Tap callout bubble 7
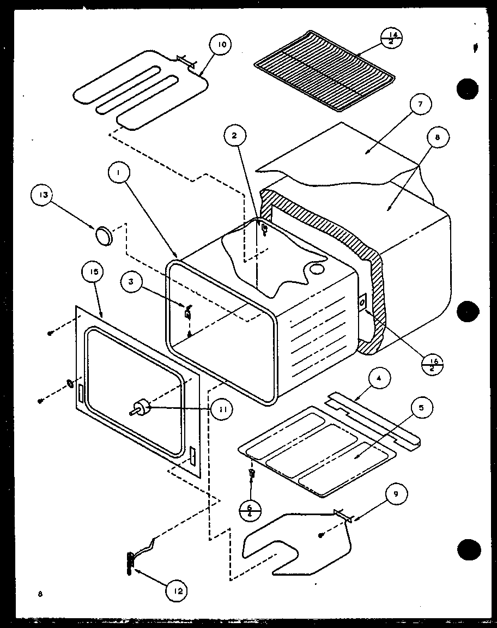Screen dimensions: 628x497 [x=424, y=104]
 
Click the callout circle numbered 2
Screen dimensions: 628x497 [x=235, y=136]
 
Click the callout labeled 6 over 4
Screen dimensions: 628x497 [x=250, y=510]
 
